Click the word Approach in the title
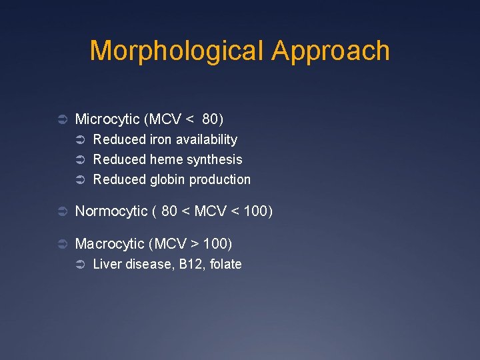click(331, 51)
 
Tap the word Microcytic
click(107, 119)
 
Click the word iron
click(160, 139)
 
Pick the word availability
click(206, 139)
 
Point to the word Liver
click(107, 265)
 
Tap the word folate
click(225, 265)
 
